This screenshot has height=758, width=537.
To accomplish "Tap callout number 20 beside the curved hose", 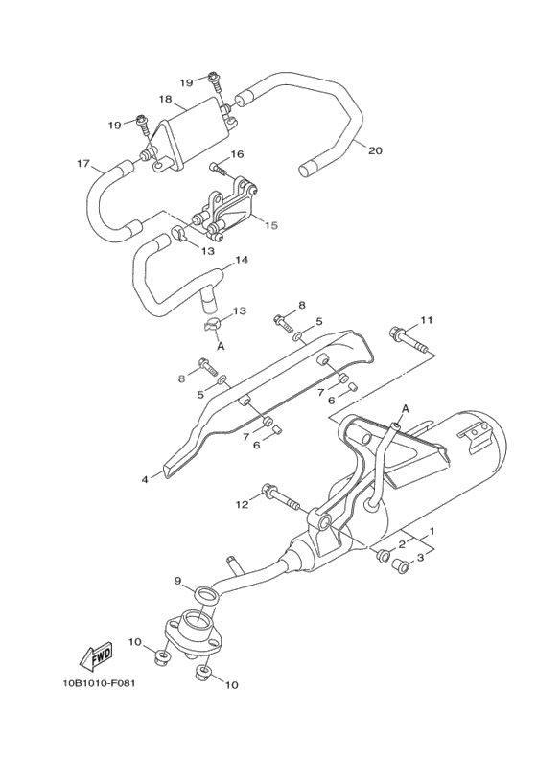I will pyautogui.click(x=375, y=150).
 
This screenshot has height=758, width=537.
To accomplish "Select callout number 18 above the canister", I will pyautogui.click(x=165, y=100).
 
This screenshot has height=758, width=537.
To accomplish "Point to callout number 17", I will pyautogui.click(x=83, y=163).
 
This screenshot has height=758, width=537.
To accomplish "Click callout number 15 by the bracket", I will pyautogui.click(x=270, y=225).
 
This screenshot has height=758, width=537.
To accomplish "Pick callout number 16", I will pyautogui.click(x=237, y=154).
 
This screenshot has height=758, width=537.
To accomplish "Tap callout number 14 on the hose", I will pyautogui.click(x=241, y=260).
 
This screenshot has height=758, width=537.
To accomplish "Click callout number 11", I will pyautogui.click(x=427, y=319).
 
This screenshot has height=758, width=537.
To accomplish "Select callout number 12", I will pyautogui.click(x=242, y=504).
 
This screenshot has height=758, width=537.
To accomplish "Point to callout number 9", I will pyautogui.click(x=177, y=581).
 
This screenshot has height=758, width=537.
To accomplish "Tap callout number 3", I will pyautogui.click(x=420, y=557).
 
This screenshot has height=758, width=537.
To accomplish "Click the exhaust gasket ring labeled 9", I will pyautogui.click(x=204, y=596).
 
